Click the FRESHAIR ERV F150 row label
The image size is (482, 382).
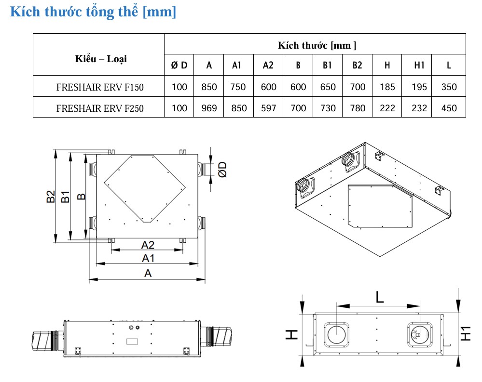click(x=100, y=87)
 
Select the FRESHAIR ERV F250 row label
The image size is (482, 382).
click(x=100, y=108)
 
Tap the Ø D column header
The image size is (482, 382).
click(x=179, y=65)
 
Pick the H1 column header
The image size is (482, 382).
click(x=419, y=65)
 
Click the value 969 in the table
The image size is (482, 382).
click(x=209, y=108)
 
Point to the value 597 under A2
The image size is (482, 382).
click(x=268, y=108)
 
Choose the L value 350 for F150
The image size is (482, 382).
click(x=449, y=87)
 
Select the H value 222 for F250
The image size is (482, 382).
click(x=387, y=108)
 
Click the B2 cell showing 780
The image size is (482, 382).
click(x=358, y=108)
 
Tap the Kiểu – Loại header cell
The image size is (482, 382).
click(x=101, y=59)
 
